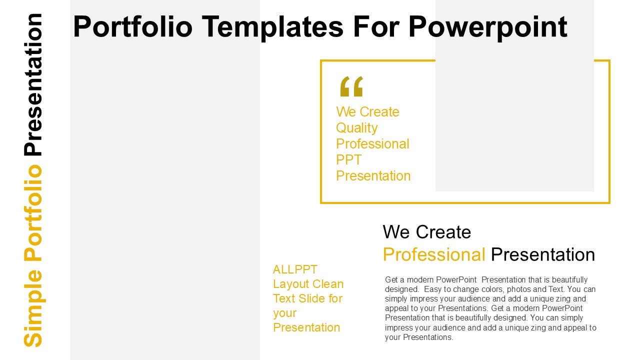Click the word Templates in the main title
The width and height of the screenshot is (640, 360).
click(x=272, y=27)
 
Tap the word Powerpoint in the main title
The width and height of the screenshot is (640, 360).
click(x=488, y=27)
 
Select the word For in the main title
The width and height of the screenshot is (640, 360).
click(x=375, y=26)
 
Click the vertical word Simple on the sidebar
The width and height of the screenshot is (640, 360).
click(x=33, y=308)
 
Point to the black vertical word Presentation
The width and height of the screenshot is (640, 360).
click(x=33, y=84)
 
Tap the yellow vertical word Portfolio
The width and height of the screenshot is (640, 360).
click(x=33, y=213)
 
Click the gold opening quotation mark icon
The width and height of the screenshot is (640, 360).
click(x=351, y=86)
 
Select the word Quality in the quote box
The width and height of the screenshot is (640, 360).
click(x=356, y=128)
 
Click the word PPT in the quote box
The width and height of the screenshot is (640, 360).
click(x=349, y=159)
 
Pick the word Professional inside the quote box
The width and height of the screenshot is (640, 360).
click(x=372, y=143)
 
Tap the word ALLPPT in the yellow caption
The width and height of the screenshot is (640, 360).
click(x=295, y=269)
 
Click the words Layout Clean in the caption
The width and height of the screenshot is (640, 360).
click(x=308, y=284)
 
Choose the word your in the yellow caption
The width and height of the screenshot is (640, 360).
click(x=284, y=313)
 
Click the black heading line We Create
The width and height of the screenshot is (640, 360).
click(x=427, y=231)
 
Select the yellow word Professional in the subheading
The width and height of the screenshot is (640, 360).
click(x=434, y=254)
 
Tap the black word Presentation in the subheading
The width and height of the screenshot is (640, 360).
click(x=543, y=254)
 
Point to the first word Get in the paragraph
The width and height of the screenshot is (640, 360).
click(x=391, y=279)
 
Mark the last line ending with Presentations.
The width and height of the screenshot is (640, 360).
click(x=419, y=337)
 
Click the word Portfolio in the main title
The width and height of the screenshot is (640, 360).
click(x=133, y=26)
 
